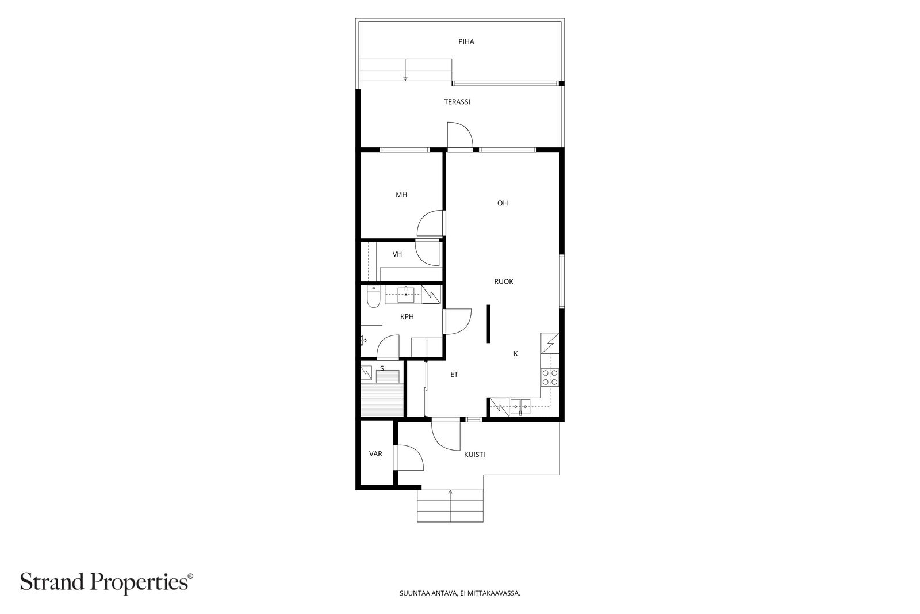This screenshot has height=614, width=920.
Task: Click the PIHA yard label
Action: pyautogui.click(x=466, y=41)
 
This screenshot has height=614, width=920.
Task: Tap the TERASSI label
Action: pyautogui.click(x=457, y=102)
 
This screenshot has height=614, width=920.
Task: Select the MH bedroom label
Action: pyautogui.click(x=401, y=195)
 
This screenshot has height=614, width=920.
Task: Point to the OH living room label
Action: pyautogui.click(x=503, y=203)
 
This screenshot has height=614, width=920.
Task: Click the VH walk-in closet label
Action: pyautogui.click(x=397, y=254)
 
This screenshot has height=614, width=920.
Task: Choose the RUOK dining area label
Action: pyautogui.click(x=504, y=281)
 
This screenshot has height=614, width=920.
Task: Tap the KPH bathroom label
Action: pyautogui.click(x=407, y=317)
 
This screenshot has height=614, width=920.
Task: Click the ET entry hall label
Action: pyautogui.click(x=454, y=375)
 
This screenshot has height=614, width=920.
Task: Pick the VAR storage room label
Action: pyautogui.click(x=375, y=453)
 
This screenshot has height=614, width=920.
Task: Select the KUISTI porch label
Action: pyautogui.click(x=474, y=455)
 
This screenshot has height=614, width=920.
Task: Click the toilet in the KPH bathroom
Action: pyautogui.click(x=373, y=296)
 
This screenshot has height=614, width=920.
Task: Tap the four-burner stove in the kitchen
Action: pyautogui.click(x=550, y=377)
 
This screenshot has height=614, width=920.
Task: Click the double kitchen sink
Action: pyautogui.click(x=520, y=406)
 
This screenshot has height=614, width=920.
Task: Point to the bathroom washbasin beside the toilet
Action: pyautogui.click(x=406, y=294)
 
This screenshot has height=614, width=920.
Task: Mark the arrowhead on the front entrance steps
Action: pyautogui.click(x=450, y=491)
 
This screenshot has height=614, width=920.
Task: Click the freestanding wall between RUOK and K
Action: pyautogui.click(x=488, y=324)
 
